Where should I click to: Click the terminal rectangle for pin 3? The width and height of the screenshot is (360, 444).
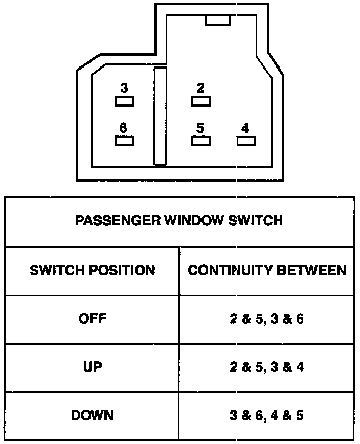[124, 102]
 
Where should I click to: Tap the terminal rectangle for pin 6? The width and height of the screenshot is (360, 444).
[124, 141]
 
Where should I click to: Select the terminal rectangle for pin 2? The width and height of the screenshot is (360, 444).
[200, 102]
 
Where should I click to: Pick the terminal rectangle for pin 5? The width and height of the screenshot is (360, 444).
[200, 141]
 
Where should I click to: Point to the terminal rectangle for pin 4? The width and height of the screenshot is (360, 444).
[245, 141]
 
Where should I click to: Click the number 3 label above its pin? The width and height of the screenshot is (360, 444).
[124, 88]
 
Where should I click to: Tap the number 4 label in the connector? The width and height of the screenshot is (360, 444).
[245, 128]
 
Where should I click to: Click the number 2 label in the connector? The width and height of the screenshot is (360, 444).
[200, 88]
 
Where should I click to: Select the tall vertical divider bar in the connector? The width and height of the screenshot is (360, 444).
[161, 116]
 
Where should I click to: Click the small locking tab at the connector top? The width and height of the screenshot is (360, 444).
[218, 20]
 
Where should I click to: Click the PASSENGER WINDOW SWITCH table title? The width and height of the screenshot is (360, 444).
[179, 221]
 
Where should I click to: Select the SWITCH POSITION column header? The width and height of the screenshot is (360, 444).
[93, 270]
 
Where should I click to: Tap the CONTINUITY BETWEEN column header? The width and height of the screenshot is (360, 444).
[267, 270]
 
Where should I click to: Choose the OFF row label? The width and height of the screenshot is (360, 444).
[93, 319]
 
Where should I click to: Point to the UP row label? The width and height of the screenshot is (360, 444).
[93, 367]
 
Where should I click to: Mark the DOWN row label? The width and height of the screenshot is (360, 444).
[93, 415]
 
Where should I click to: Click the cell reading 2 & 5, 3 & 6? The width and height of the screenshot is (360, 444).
[267, 319]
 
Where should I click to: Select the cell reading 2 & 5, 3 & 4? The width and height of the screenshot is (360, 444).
[267, 367]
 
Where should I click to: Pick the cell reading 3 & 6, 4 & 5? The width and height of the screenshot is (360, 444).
[267, 415]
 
